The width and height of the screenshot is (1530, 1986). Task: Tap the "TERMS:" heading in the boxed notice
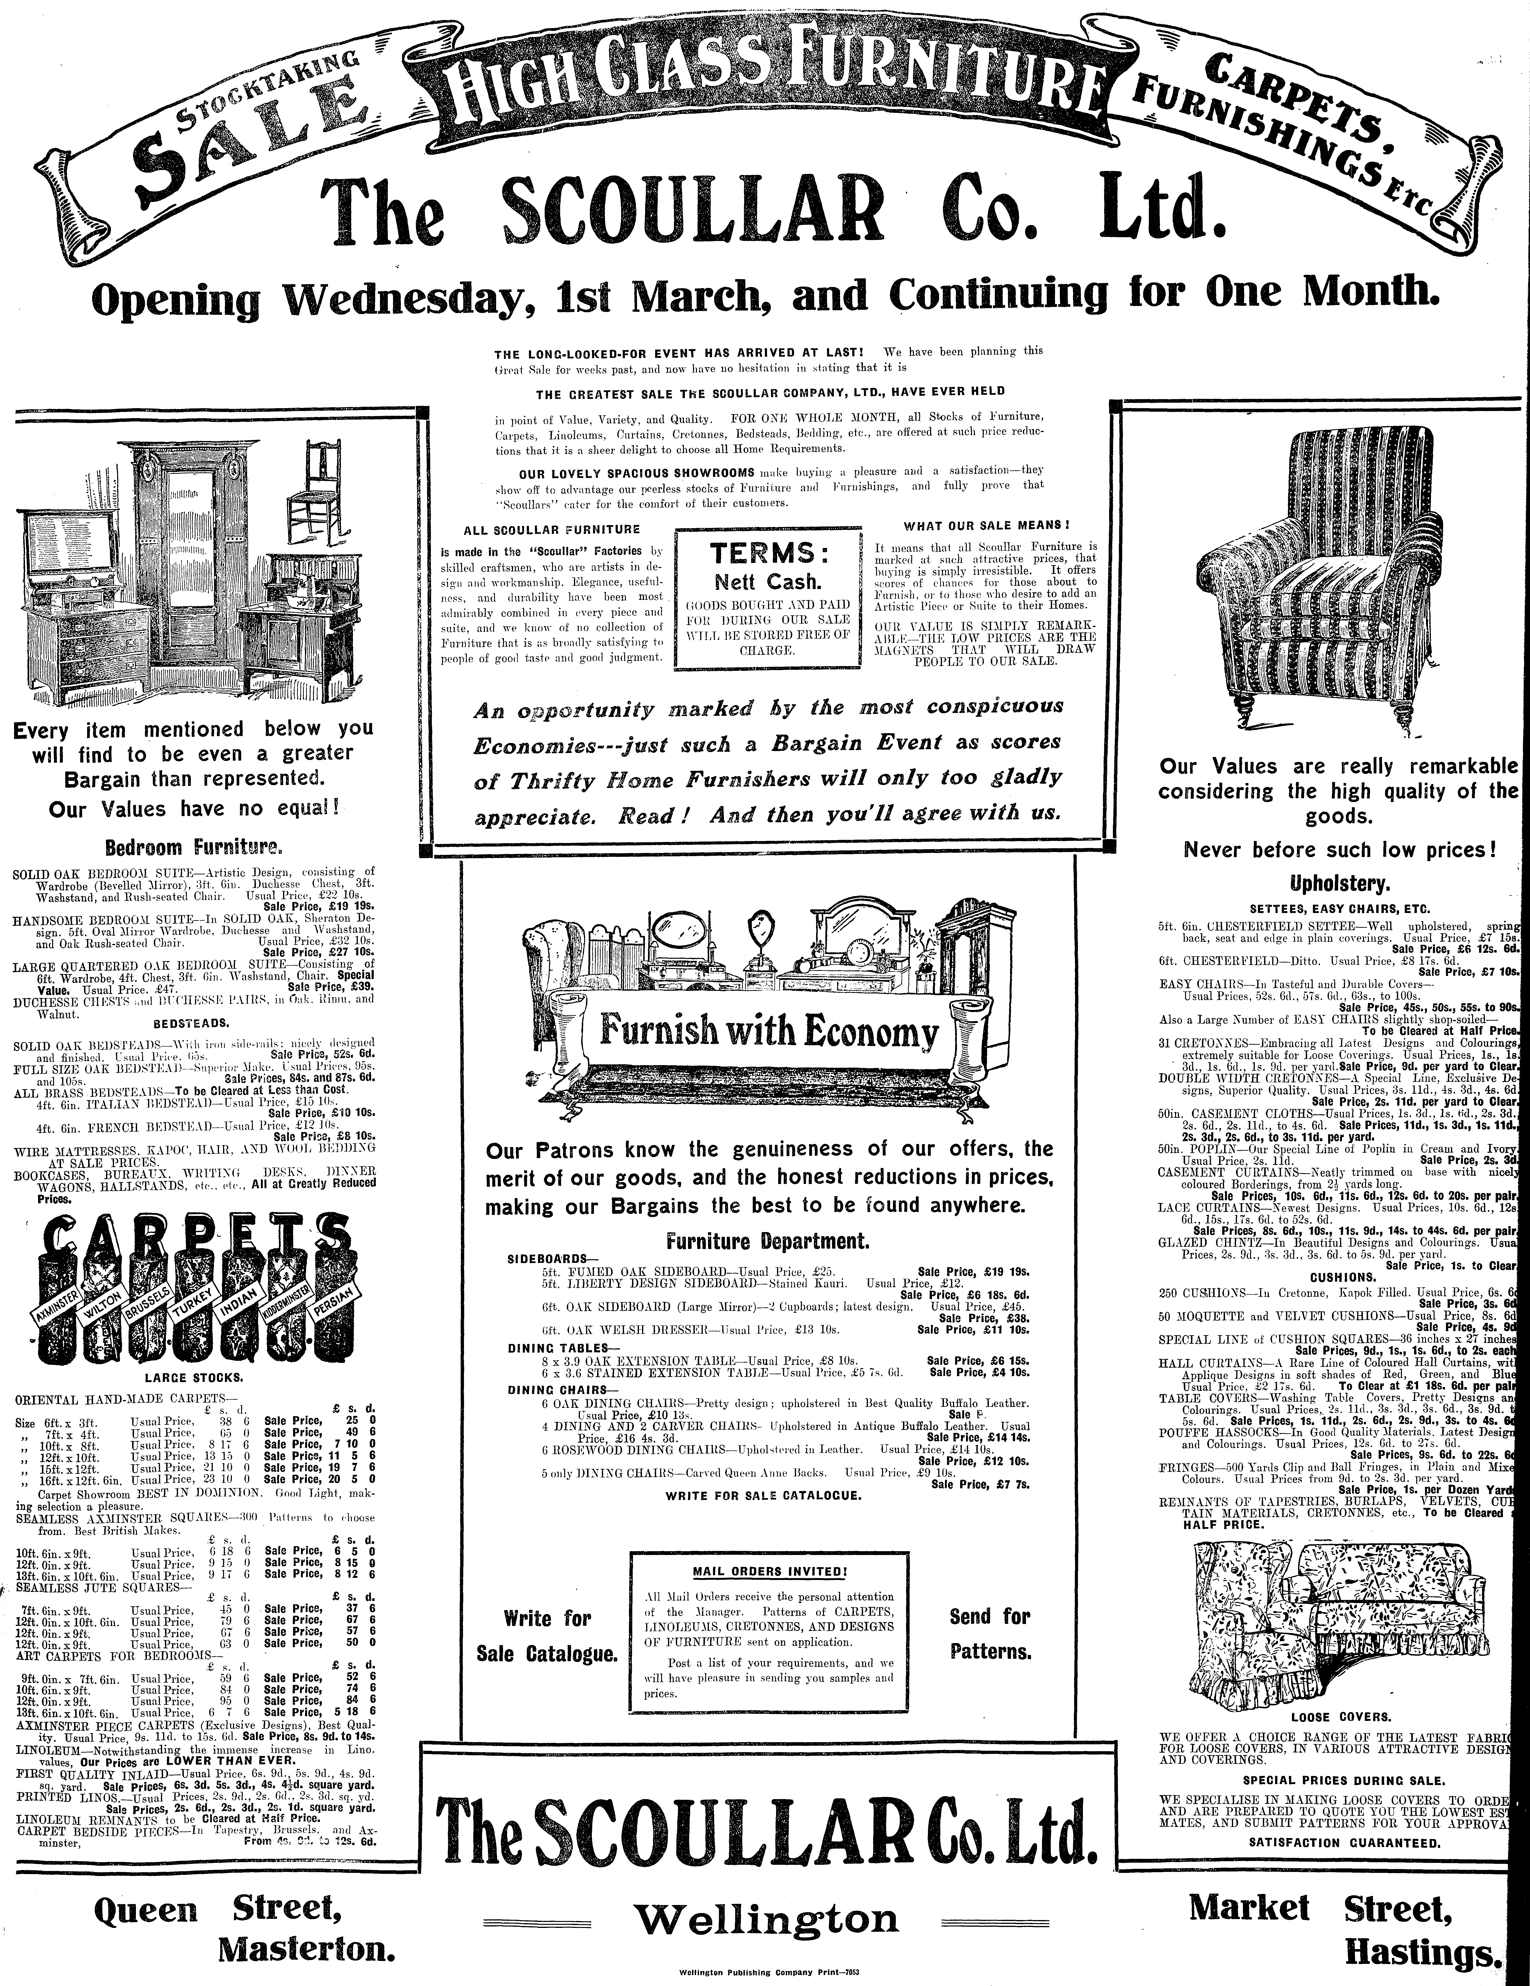(x=768, y=553)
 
